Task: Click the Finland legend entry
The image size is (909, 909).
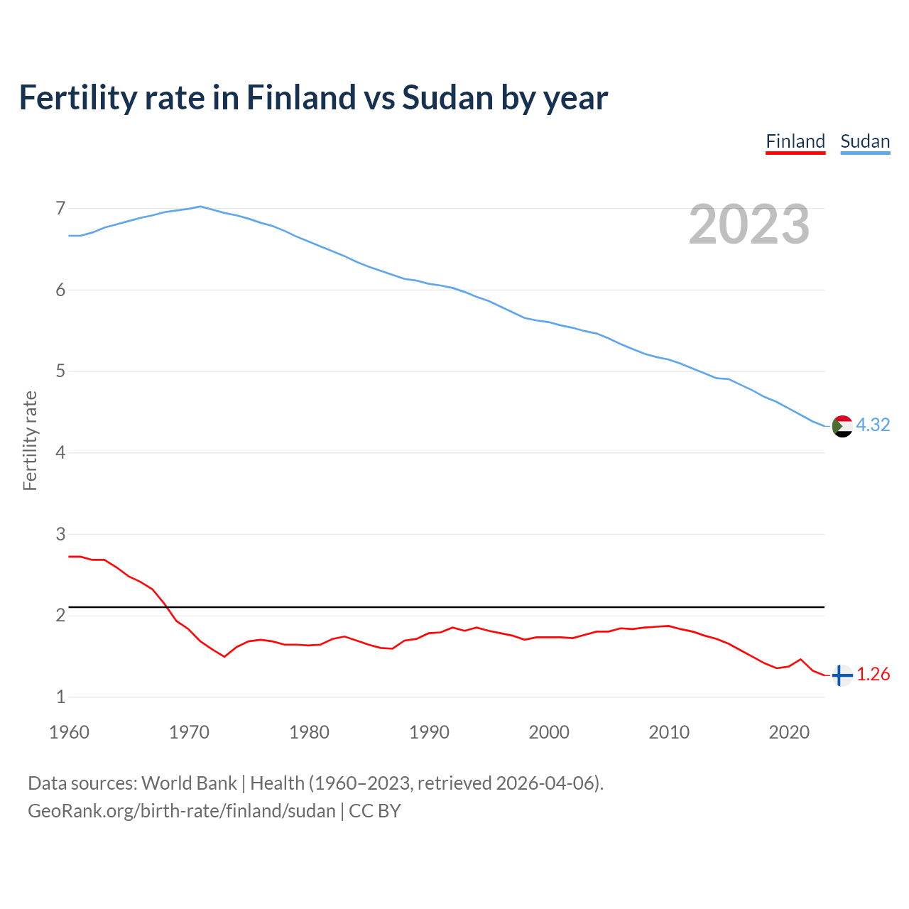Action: (x=795, y=141)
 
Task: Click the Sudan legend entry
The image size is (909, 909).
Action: (x=865, y=141)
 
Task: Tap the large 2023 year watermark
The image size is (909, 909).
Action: (x=749, y=224)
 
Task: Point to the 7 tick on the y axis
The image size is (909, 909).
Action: (x=60, y=208)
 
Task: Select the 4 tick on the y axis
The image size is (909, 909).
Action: (x=60, y=452)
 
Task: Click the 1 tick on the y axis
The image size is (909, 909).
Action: (x=60, y=697)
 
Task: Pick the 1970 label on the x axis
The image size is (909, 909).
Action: (x=189, y=732)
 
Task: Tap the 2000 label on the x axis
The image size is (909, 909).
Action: (x=549, y=732)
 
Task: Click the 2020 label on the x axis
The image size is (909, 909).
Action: (x=789, y=732)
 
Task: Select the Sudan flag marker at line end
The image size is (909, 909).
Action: (x=842, y=426)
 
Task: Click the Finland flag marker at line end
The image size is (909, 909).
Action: (x=842, y=675)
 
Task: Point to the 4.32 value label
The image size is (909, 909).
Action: (x=873, y=425)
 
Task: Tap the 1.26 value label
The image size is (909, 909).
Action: (x=873, y=674)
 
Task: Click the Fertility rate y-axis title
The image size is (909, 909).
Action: (x=30, y=440)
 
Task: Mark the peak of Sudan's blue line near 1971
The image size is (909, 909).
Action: (x=201, y=207)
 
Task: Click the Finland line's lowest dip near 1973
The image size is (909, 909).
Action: (x=224, y=656)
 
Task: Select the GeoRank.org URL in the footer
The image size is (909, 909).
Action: (x=181, y=810)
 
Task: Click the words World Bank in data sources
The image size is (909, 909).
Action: (x=189, y=783)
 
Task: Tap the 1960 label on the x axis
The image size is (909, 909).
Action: (x=69, y=732)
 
